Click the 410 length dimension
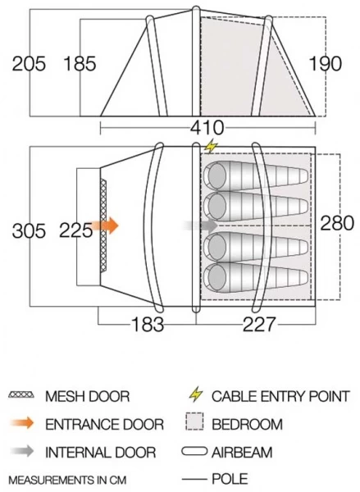pyautogui.click(x=207, y=128)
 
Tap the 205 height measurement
pyautogui.click(x=29, y=64)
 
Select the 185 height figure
pyautogui.click(x=80, y=64)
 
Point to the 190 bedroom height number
pyautogui.click(x=326, y=64)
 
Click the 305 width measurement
pyautogui.click(x=29, y=231)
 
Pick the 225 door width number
pyautogui.click(x=76, y=231)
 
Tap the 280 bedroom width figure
pyautogui.click(x=337, y=223)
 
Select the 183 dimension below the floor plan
pyautogui.click(x=148, y=324)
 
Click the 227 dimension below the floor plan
pyautogui.click(x=259, y=324)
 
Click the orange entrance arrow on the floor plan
pyautogui.click(x=106, y=226)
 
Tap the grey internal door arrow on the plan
pyautogui.click(x=201, y=225)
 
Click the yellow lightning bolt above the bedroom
pyautogui.click(x=212, y=146)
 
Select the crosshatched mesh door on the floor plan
pyautogui.click(x=103, y=226)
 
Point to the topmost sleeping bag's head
pyautogui.click(x=216, y=175)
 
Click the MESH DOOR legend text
pyautogui.click(x=87, y=396)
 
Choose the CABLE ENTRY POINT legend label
pyautogui.click(x=280, y=396)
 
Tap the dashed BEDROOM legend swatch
pyautogui.click(x=194, y=421)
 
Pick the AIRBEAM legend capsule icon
pyautogui.click(x=194, y=452)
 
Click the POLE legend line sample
pyautogui.click(x=194, y=479)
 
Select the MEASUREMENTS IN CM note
pyautogui.click(x=67, y=480)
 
